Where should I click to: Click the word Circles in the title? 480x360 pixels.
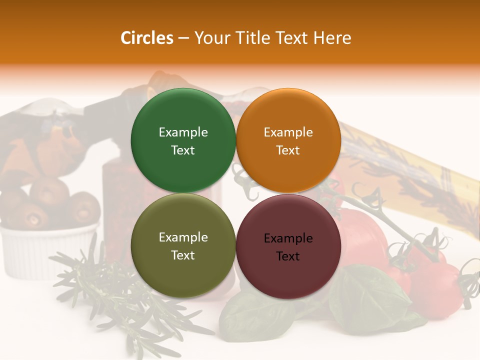tap(147, 38)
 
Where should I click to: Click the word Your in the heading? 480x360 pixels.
tap(210, 38)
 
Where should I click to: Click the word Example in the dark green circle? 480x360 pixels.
tap(183, 132)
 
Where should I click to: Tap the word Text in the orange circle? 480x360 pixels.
tap(288, 150)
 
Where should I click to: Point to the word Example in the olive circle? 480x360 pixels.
tap(183, 237)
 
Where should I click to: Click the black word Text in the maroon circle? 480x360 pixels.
tap(288, 256)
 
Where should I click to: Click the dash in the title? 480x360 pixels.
tap(183, 38)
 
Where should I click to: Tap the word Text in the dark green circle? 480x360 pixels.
tap(183, 150)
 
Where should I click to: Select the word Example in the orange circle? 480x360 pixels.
tap(288, 132)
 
